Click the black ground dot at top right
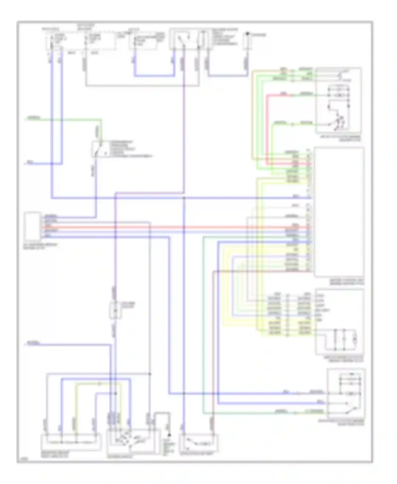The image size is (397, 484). (247, 34)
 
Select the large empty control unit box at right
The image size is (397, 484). (339, 212)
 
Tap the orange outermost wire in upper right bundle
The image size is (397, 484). (252, 114)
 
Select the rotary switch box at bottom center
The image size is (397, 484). (133, 441)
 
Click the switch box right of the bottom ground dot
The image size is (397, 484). (198, 442)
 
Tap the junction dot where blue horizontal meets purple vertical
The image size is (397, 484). (184, 198)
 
